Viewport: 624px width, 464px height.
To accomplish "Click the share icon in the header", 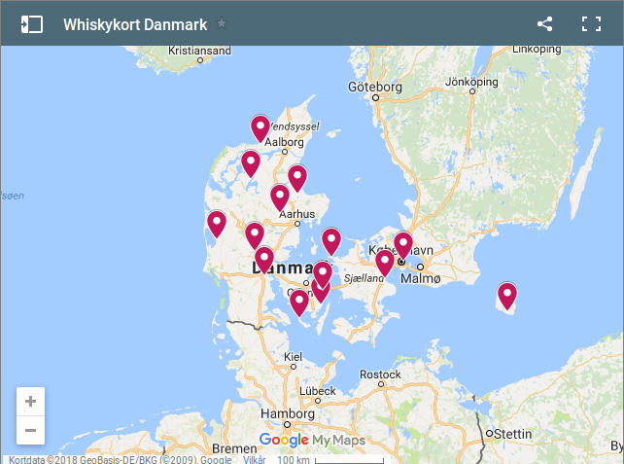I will tap(544, 24).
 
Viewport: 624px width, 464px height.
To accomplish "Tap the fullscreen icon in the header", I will tap(591, 24).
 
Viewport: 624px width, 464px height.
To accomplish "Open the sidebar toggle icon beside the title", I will tap(32, 24).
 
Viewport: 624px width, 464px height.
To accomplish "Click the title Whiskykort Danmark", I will tap(135, 24).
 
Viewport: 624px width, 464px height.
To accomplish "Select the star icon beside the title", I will tap(222, 23).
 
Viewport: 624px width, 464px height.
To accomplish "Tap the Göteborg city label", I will tap(374, 88).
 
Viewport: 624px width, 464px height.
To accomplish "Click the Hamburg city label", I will tap(289, 413).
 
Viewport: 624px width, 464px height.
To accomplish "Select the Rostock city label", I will tap(380, 375).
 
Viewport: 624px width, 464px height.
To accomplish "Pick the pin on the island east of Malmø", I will tap(507, 294).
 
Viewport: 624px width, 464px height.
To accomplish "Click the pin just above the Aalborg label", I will tap(260, 126).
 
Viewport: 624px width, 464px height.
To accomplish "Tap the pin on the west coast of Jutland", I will tap(217, 223).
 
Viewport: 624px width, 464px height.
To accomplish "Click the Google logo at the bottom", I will tap(284, 441).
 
